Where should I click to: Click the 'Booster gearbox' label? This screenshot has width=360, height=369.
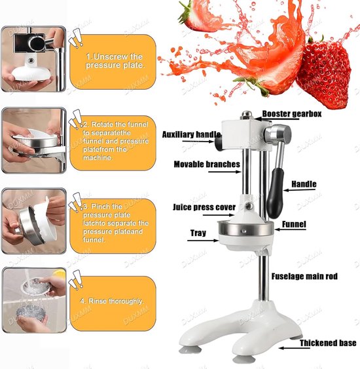pyautogui.click(x=292, y=114)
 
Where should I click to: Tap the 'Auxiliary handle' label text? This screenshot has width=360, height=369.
pyautogui.click(x=191, y=134)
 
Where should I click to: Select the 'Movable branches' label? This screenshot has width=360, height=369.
pyautogui.click(x=207, y=165)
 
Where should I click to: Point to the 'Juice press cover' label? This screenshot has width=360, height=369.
pyautogui.click(x=204, y=207)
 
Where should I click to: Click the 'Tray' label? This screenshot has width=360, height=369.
pyautogui.click(x=198, y=233)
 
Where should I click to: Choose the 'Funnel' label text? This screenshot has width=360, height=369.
pyautogui.click(x=294, y=224)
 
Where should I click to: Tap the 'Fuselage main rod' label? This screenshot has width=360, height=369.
pyautogui.click(x=304, y=276)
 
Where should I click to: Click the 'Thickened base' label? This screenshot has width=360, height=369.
pyautogui.click(x=328, y=343)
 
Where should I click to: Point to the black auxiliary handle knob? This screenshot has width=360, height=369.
pyautogui.click(x=219, y=143)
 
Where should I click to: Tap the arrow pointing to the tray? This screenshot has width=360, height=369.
pyautogui.click(x=203, y=241)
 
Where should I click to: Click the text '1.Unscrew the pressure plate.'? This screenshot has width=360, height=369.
pyautogui.click(x=115, y=61)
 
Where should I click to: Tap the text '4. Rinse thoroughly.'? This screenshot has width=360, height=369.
pyautogui.click(x=111, y=301)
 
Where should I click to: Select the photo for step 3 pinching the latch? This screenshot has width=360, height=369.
pyautogui.click(x=34, y=221)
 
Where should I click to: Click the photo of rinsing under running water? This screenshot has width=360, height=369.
pyautogui.click(x=34, y=300)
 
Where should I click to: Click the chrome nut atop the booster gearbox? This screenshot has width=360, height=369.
pyautogui.click(x=246, y=115)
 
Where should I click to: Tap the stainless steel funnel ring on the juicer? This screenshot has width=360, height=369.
pyautogui.click(x=246, y=228)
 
